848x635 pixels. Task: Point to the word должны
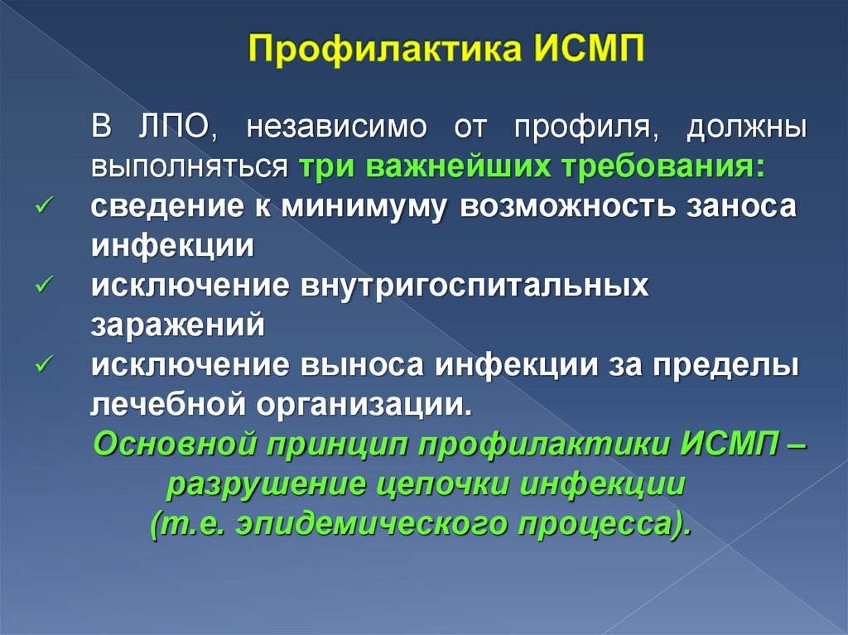748,129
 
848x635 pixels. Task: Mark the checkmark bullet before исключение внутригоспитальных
46,285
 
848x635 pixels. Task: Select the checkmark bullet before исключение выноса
46,364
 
